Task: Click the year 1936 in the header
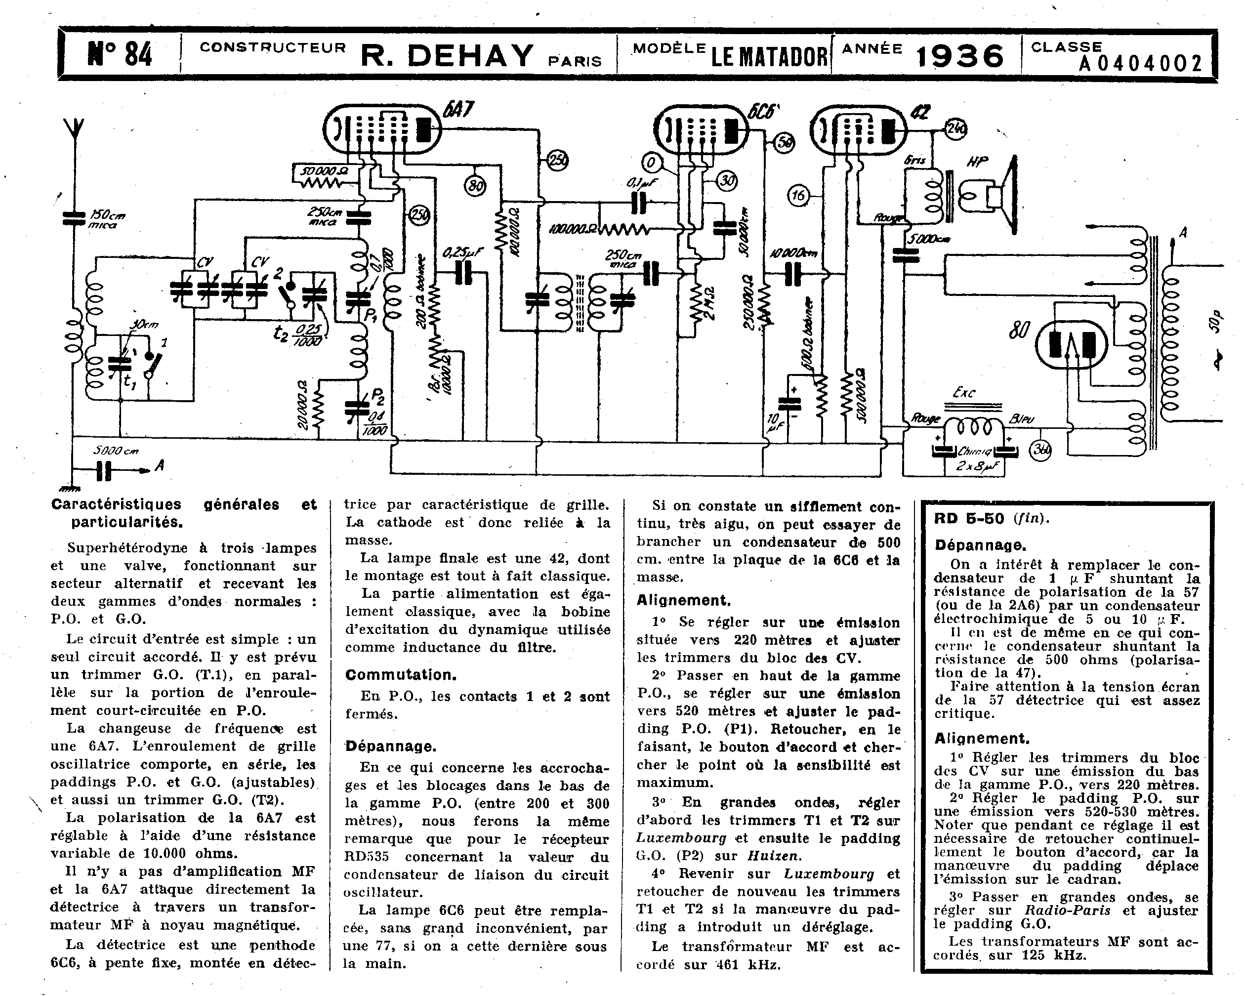pos(960,56)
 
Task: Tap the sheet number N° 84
pos(120,55)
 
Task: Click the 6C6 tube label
pos(763,111)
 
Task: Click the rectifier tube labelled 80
pos(1071,345)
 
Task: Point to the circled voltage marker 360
pos(1041,451)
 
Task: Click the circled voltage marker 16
pos(797,196)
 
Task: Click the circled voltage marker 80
pos(475,186)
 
